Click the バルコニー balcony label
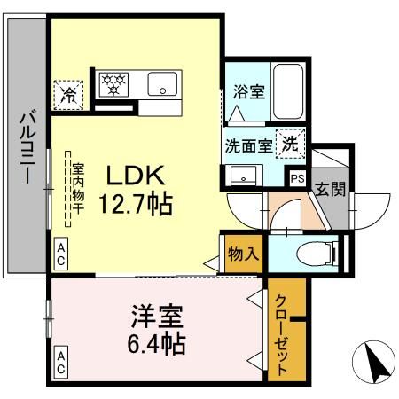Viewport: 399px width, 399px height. [x=27, y=146]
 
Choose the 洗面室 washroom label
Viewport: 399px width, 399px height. [x=247, y=145]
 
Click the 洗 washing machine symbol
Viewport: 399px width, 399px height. [x=290, y=141]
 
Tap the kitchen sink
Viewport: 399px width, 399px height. [x=164, y=85]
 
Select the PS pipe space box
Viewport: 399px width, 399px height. [x=297, y=178]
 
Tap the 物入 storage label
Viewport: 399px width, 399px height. [x=242, y=253]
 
